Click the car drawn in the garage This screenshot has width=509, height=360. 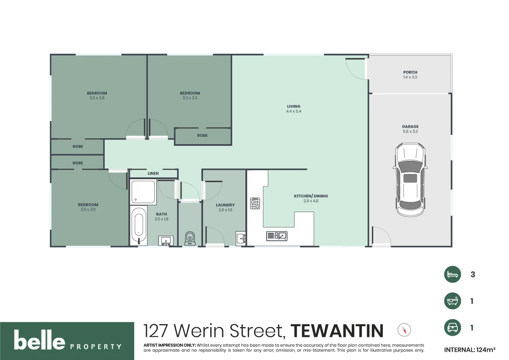[x=410, y=180]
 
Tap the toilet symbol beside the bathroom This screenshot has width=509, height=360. [x=190, y=238]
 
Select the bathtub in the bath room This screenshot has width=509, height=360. [x=138, y=226]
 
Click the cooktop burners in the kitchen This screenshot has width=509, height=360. [x=255, y=203]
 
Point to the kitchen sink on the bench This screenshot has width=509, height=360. [x=277, y=236]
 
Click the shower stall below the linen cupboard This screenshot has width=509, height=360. [x=143, y=192]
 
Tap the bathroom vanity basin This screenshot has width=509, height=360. [x=165, y=241]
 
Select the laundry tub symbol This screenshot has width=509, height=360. [x=241, y=238]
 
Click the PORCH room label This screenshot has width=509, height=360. [x=410, y=72]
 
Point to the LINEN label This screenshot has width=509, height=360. [x=153, y=174]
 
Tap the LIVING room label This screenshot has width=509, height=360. [x=294, y=106]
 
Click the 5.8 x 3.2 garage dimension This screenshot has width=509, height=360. [x=410, y=132]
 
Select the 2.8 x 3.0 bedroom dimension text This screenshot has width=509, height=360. [x=88, y=210]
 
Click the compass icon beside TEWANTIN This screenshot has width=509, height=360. [x=404, y=330]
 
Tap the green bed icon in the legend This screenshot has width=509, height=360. [x=453, y=274]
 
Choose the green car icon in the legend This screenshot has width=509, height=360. [x=453, y=328]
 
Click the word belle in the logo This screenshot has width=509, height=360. [x=39, y=341]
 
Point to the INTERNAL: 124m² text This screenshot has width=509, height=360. [x=470, y=350]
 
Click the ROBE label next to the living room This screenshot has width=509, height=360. [x=202, y=136]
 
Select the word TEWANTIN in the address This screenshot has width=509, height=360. [x=337, y=331]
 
